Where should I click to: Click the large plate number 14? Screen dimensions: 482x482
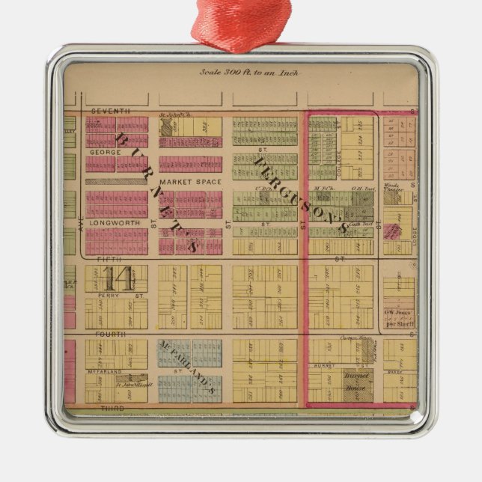point(119,278)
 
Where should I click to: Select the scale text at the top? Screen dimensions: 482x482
point(240,73)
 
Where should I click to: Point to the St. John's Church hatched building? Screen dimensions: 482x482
point(166,126)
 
